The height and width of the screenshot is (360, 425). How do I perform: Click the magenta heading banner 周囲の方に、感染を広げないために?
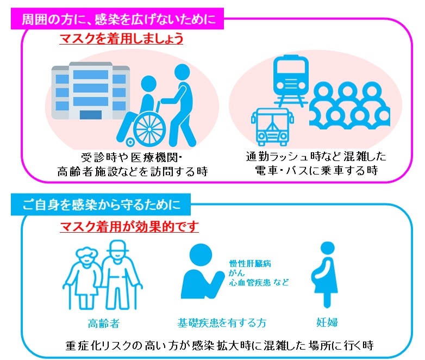click(x=117, y=19)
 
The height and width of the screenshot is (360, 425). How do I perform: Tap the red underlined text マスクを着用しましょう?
click(x=121, y=39)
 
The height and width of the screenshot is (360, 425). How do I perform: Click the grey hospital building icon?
click(x=91, y=91)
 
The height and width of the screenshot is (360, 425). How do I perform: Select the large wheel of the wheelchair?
click(x=149, y=128)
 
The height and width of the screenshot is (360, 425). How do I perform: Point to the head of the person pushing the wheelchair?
click(x=182, y=72)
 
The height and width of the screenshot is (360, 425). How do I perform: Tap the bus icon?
click(x=272, y=127)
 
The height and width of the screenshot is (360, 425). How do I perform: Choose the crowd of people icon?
click(x=349, y=105)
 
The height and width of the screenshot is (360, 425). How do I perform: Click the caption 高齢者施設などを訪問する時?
click(x=133, y=171)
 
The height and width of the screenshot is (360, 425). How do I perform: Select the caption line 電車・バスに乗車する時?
click(x=316, y=171)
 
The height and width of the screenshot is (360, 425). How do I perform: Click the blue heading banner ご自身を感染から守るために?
click(x=101, y=204)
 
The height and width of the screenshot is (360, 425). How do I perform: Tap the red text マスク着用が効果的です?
click(x=129, y=227)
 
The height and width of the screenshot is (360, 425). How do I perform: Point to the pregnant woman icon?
click(x=326, y=275)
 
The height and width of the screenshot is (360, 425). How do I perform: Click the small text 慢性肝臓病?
click(x=250, y=263)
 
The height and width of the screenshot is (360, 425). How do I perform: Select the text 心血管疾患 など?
click(x=259, y=282)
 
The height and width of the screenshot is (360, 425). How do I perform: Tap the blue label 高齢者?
click(x=104, y=324)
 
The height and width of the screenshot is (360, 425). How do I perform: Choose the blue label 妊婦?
click(x=327, y=322)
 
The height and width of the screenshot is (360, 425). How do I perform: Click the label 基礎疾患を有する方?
click(x=222, y=323)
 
